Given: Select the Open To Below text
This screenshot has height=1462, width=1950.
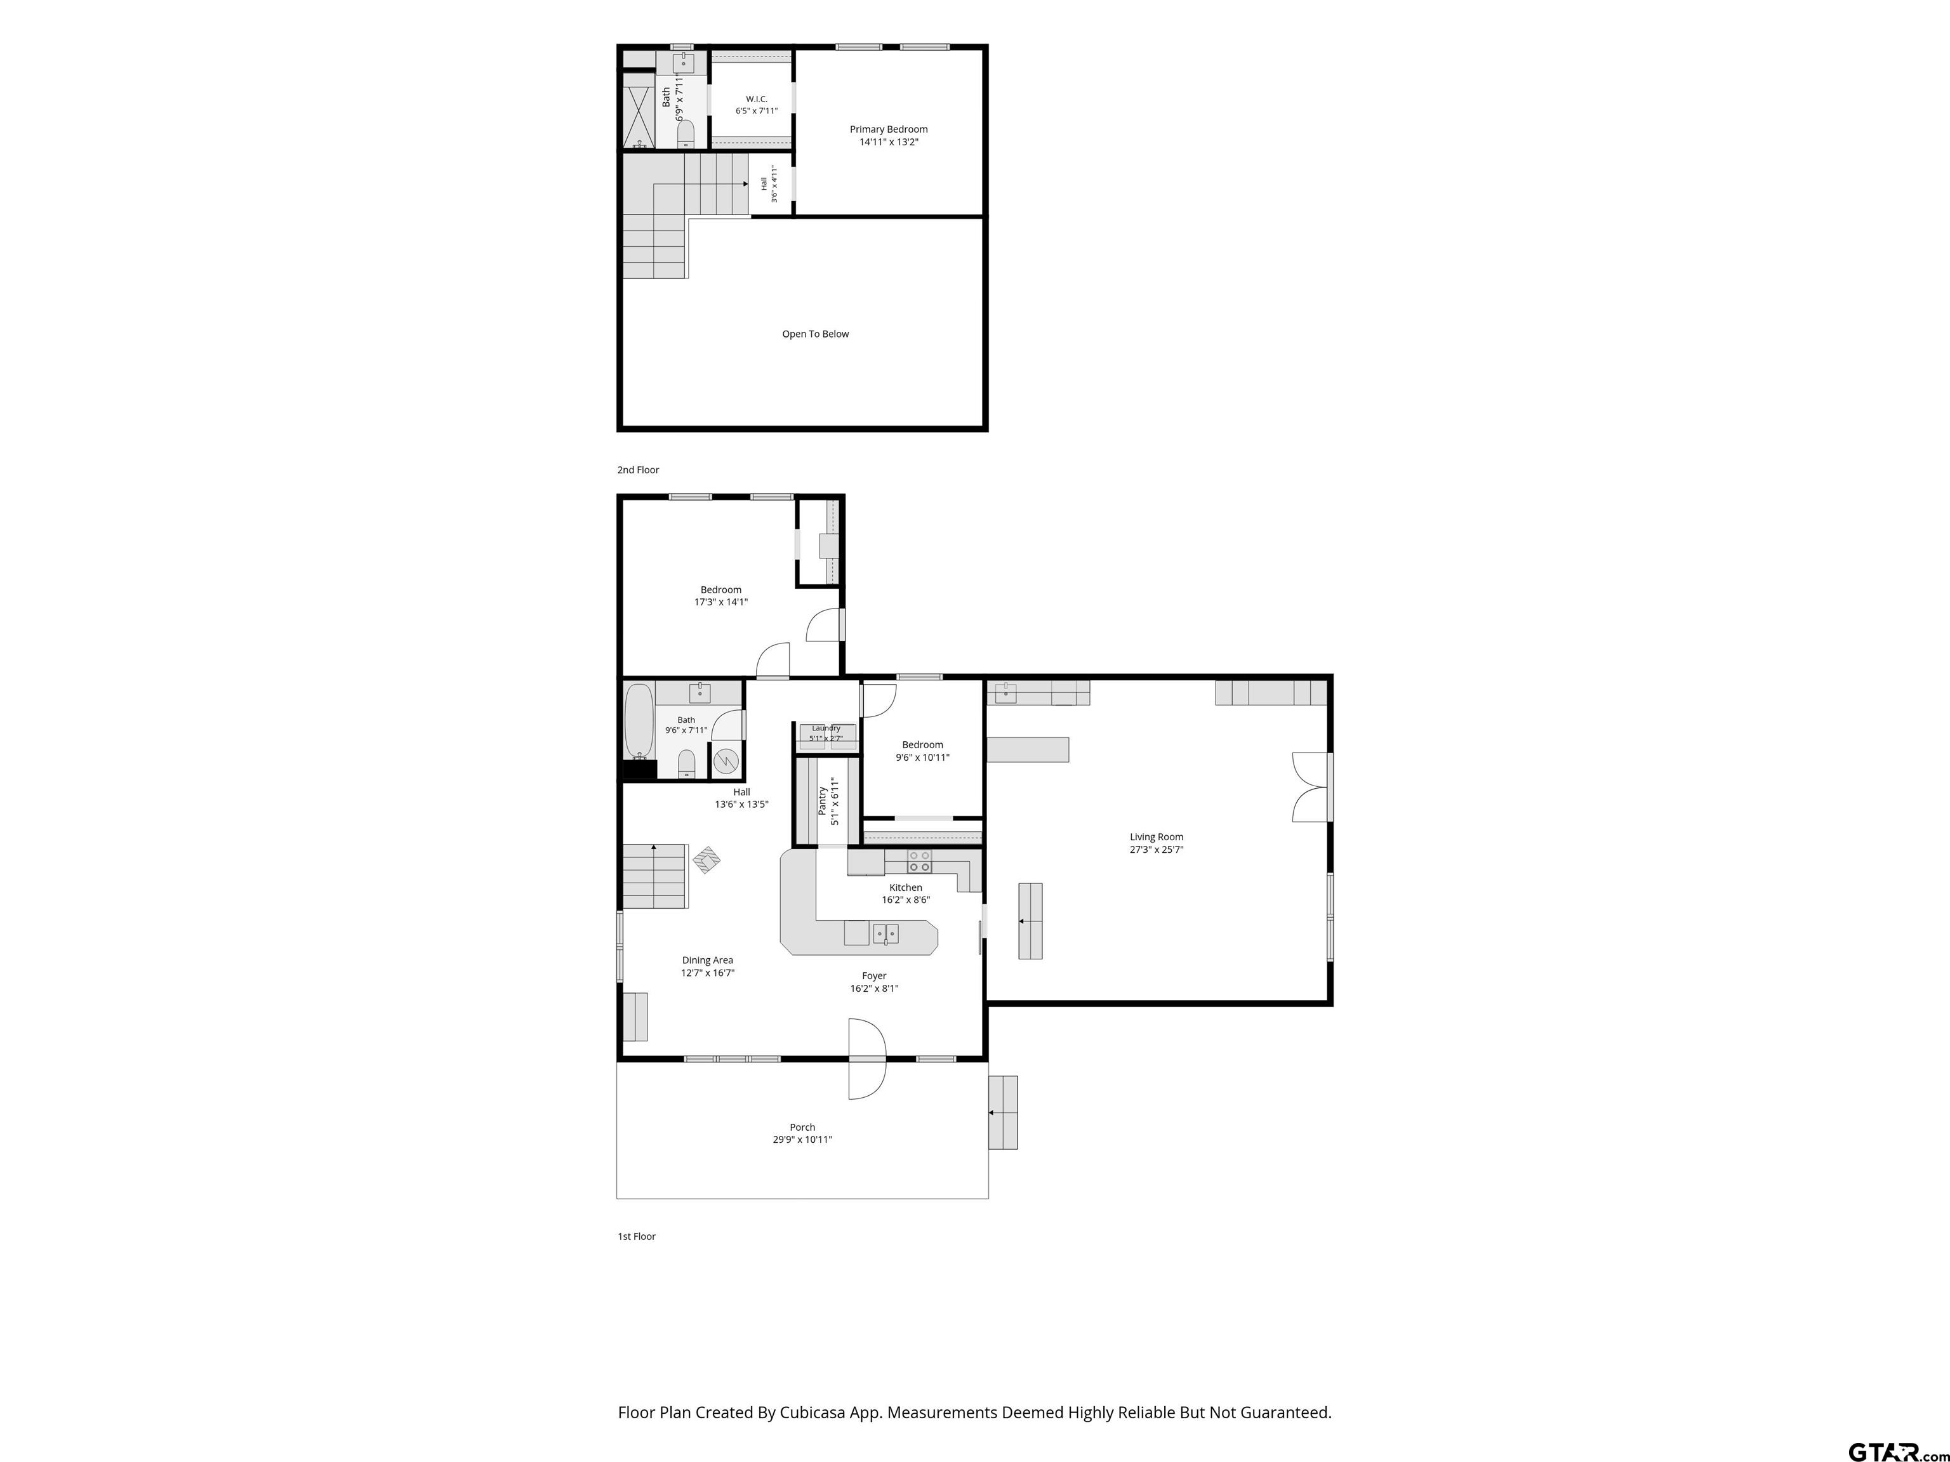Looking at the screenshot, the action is pos(816,334).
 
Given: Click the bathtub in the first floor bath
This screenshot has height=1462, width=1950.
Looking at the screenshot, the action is pos(638,721).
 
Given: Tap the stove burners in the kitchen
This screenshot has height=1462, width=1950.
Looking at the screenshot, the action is pos(920,861).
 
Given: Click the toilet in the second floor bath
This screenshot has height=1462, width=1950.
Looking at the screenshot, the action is pos(686,134).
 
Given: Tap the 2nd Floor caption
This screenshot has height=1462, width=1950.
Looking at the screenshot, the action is pos(638,470).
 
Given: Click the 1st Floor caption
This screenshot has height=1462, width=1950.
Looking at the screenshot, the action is pos(637,1236).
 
